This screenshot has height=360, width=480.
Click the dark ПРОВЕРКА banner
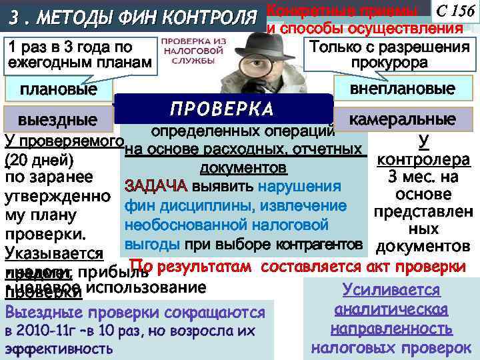click(222, 108)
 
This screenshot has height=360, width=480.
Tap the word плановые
click(58, 89)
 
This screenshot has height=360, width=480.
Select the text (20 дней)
click(39, 161)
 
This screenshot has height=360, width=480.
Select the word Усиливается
click(391, 291)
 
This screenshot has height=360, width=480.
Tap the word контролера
click(423, 161)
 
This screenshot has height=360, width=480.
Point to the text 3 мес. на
click(423, 177)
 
